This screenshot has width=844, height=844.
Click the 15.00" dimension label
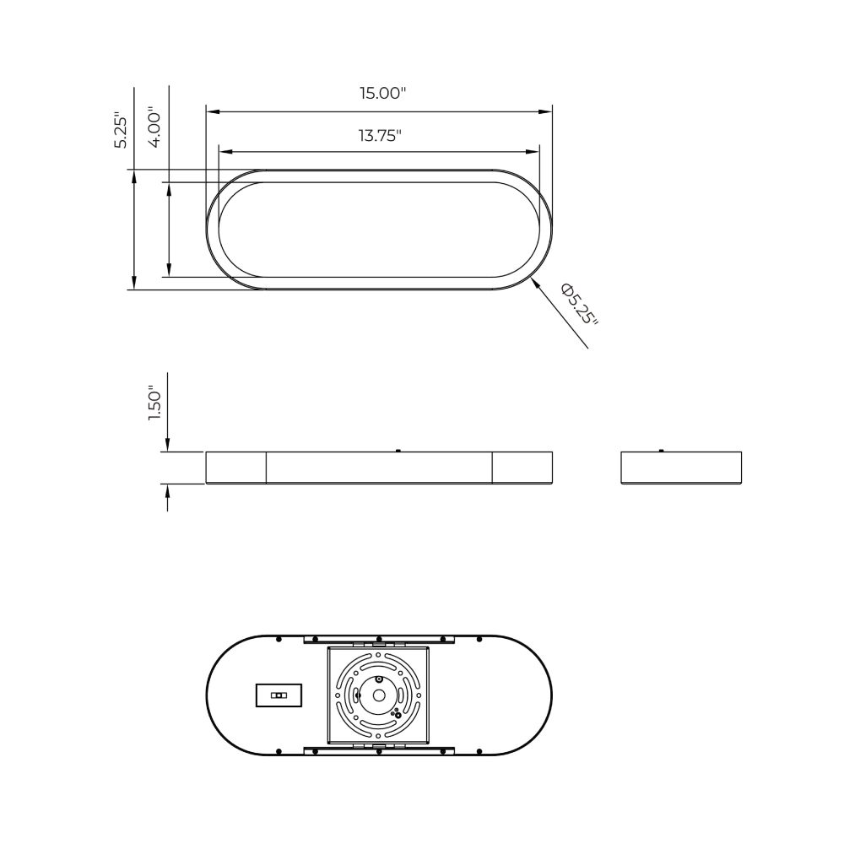tap(382, 93)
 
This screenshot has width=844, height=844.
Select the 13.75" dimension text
tap(380, 136)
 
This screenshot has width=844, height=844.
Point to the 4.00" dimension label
tap(154, 127)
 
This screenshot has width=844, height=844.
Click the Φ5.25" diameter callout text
tap(580, 305)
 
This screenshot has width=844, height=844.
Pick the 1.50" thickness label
tap(154, 403)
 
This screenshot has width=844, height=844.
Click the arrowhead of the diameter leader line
tap(535, 283)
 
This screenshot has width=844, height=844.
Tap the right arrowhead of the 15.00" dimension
tap(546, 112)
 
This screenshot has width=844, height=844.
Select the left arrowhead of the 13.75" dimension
tap(225, 152)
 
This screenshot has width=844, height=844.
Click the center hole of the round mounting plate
tap(379, 695)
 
